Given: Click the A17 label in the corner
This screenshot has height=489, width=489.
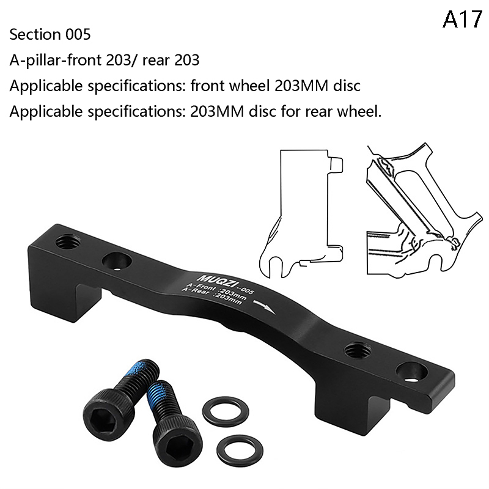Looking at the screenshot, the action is point(462,20).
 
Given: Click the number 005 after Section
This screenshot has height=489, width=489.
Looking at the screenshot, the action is point(78,34).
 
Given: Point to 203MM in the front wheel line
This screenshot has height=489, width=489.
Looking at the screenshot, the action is point(301,86).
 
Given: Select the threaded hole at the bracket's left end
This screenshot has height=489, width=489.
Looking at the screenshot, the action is point(67,241).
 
